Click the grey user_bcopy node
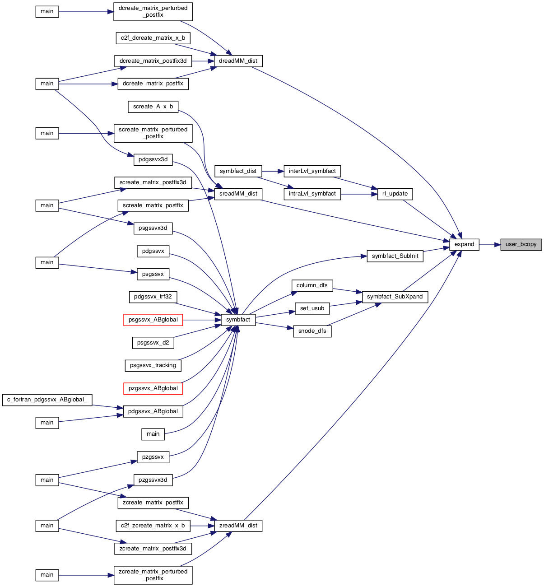point(521,245)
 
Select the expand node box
point(464,245)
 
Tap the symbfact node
point(238,320)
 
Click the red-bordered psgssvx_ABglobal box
point(153,320)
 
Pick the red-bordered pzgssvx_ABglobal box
point(153,388)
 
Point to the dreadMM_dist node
point(238,61)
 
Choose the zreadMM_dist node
point(238,526)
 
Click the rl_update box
point(395,194)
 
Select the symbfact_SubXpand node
point(395,297)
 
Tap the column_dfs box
point(312,285)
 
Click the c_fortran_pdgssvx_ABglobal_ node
point(47,400)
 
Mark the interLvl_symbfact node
point(312,171)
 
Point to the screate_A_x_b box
point(153,107)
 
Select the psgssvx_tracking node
point(153,366)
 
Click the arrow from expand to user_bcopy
point(490,245)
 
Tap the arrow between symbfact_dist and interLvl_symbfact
point(273,171)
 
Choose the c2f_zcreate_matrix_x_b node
point(153,526)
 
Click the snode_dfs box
point(312,331)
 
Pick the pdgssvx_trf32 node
point(153,297)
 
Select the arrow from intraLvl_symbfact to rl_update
point(359,194)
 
